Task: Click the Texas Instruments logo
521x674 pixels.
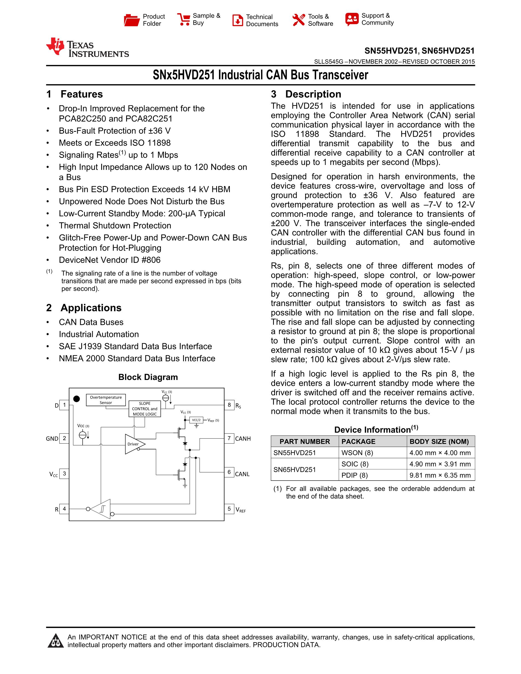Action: [87, 48]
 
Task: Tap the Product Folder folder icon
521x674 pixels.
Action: [132, 20]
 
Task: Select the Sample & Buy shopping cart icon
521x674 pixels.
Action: [183, 19]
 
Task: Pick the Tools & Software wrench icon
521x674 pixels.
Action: [299, 20]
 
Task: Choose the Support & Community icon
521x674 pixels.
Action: [352, 19]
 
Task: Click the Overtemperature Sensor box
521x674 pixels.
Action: [106, 400]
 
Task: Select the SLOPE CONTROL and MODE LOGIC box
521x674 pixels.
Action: [144, 409]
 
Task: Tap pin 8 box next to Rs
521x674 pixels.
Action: [229, 405]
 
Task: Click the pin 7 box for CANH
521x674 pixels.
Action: [229, 438]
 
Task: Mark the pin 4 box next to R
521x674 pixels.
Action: [64, 509]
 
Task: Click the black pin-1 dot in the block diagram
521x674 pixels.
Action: [77, 399]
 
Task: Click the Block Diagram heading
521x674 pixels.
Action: [148, 377]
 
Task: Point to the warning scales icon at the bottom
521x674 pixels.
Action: [56, 641]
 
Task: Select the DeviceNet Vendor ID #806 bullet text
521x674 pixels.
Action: [109, 260]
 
